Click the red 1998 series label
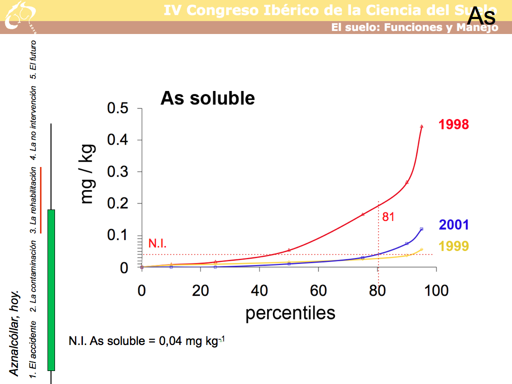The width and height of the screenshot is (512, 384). coord(453,124)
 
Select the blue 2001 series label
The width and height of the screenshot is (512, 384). coord(453,225)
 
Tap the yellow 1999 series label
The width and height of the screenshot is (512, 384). coord(453,246)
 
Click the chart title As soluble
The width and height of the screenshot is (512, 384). coord(207,98)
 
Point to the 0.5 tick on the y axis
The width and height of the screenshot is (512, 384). coord(117,108)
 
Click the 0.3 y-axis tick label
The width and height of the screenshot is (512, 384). coord(117,172)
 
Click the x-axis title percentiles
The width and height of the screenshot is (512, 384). coord(290,313)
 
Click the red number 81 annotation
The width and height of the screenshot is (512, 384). coord(388,217)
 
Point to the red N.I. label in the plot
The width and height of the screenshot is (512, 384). coord(157,244)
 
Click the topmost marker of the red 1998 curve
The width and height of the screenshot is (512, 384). coord(421,126)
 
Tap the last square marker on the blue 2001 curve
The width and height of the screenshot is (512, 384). coord(421,229)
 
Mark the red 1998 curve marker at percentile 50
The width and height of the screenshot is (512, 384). coord(289,250)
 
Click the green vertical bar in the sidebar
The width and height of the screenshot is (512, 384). coord(51,290)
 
